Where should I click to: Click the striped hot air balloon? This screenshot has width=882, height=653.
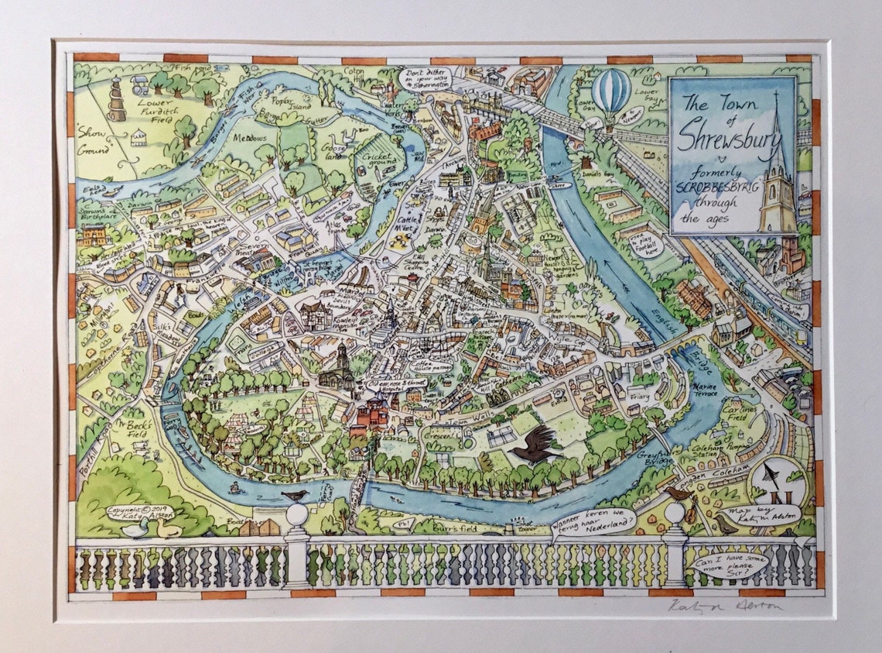[x=611, y=91]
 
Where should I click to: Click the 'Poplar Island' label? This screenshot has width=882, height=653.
[x=285, y=104]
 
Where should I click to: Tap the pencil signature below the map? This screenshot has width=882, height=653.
[x=723, y=606]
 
